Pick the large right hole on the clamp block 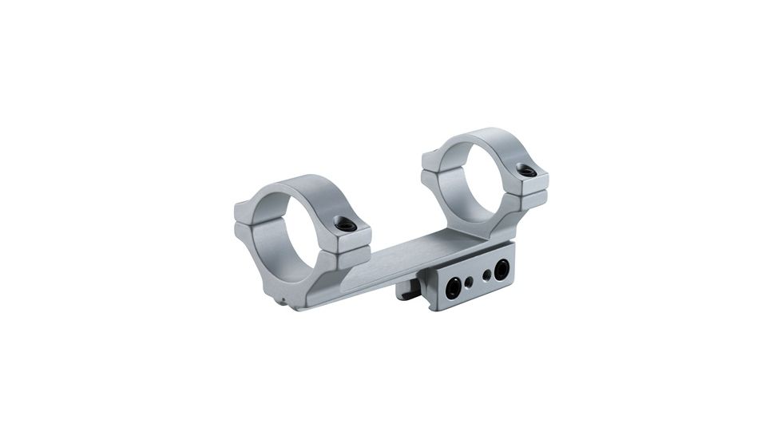(x=502, y=270)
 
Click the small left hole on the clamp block (x=469, y=282)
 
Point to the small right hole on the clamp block (x=486, y=275)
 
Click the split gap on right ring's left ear (x=430, y=171)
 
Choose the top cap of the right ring (x=479, y=140)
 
